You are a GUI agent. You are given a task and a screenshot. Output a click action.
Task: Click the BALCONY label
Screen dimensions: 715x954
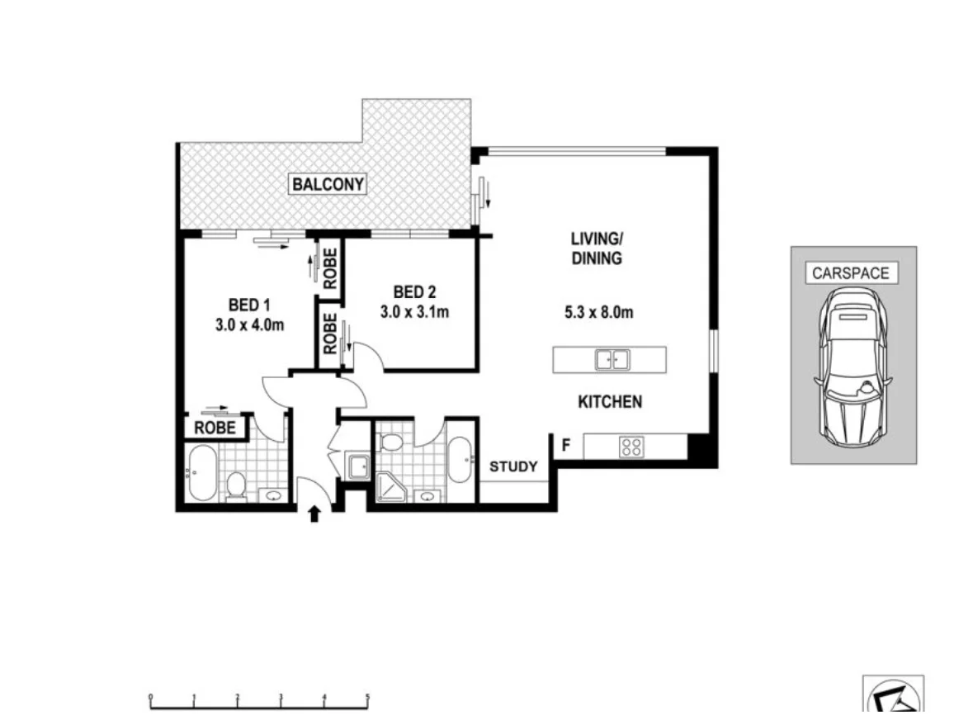(328, 184)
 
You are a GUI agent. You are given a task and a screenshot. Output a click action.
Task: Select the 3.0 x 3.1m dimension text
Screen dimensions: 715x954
(414, 312)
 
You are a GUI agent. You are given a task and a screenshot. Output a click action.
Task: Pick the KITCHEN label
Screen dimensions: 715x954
(609, 402)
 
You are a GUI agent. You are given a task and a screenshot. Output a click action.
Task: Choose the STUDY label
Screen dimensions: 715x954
(513, 466)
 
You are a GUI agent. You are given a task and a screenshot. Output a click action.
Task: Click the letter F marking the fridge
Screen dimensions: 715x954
(566, 446)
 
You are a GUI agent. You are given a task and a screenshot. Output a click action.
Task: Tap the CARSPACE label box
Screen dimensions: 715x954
(851, 272)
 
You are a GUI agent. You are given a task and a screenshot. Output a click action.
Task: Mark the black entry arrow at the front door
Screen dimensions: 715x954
(314, 515)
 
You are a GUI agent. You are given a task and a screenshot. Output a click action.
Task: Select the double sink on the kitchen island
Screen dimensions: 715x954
(612, 359)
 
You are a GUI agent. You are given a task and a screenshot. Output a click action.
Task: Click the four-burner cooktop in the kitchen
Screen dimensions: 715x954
(632, 447)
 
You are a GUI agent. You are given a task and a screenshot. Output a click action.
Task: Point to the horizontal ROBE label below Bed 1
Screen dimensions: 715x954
(215, 428)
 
